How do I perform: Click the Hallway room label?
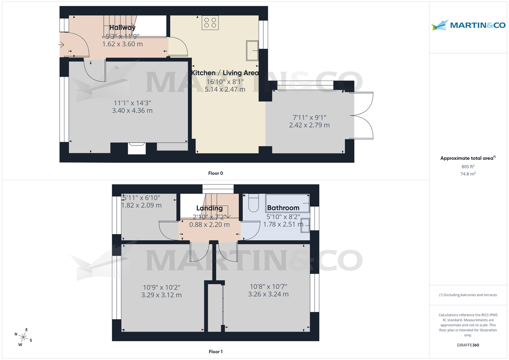point(122,28)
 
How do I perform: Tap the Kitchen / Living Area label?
point(225,73)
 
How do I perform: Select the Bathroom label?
point(283,208)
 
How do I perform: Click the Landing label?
point(210,208)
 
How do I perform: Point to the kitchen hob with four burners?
point(210,22)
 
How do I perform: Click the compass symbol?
point(23,338)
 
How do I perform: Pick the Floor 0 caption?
point(215,173)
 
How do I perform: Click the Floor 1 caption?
point(215,352)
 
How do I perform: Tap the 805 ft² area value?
point(468,167)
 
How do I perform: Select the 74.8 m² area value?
point(468,173)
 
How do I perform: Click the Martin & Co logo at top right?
point(468,25)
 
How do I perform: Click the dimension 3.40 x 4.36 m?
point(131,111)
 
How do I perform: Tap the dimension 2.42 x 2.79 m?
point(309,125)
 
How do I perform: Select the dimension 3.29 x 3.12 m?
point(161,295)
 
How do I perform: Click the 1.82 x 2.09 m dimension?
point(142,205)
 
